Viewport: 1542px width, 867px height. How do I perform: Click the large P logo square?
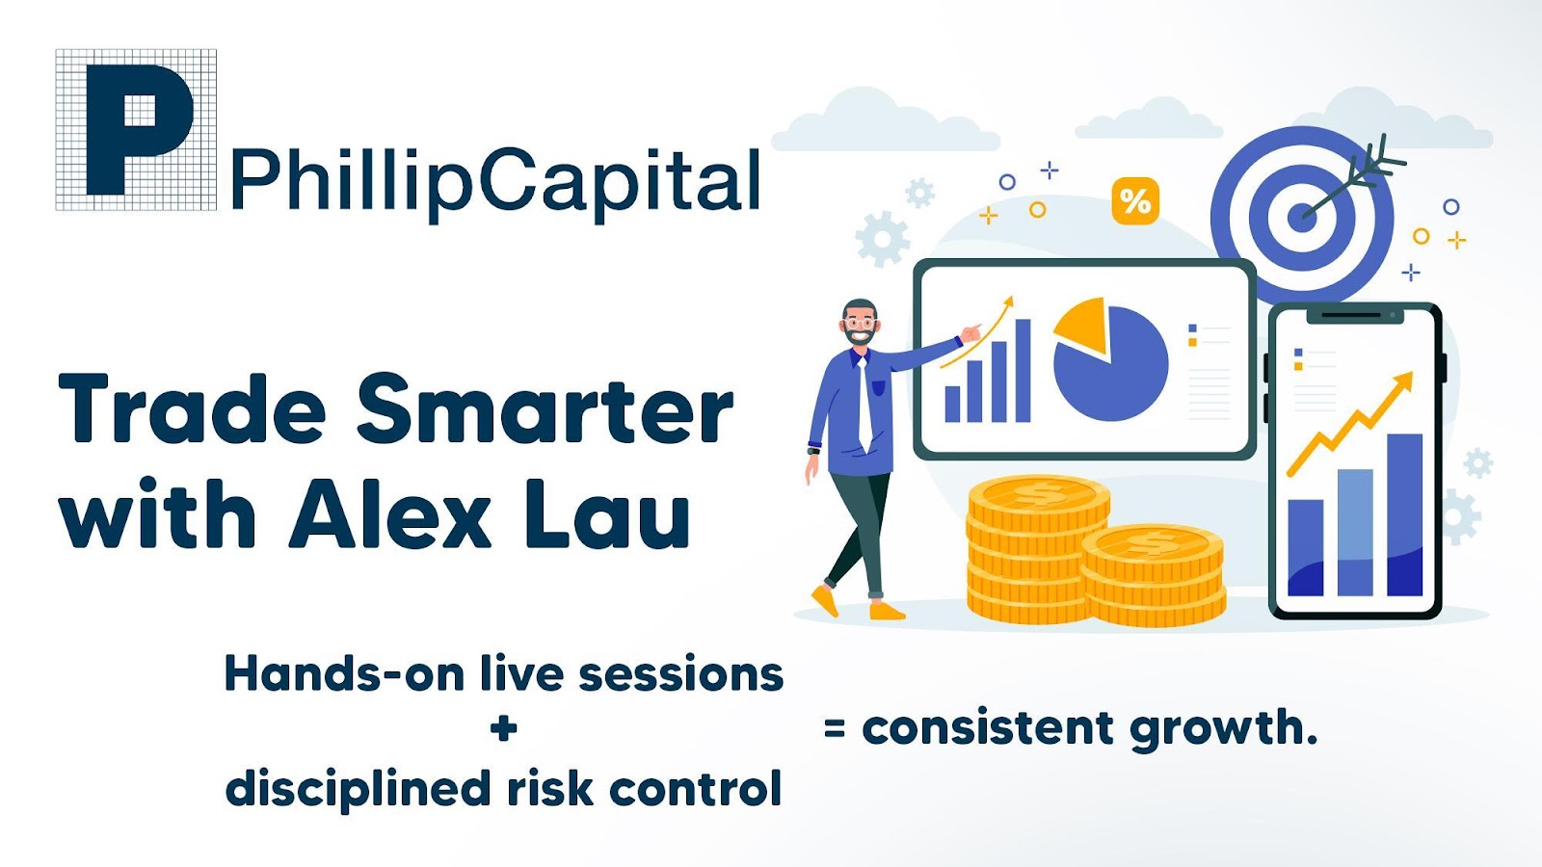click(x=136, y=129)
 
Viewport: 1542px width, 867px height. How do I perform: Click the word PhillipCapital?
click(x=495, y=181)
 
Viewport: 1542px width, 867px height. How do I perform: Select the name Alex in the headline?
click(x=390, y=512)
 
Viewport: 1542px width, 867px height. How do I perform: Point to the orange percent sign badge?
click(x=1135, y=201)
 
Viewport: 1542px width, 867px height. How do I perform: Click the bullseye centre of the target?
click(x=1302, y=220)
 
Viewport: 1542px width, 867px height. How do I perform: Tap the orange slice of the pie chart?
click(x=1081, y=325)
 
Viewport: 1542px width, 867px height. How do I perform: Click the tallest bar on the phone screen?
click(x=1405, y=514)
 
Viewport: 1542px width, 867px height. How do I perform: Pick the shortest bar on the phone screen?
click(x=1305, y=548)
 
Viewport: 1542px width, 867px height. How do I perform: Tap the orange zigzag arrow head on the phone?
click(x=1402, y=384)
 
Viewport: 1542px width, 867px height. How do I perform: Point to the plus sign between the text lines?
click(x=504, y=729)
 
